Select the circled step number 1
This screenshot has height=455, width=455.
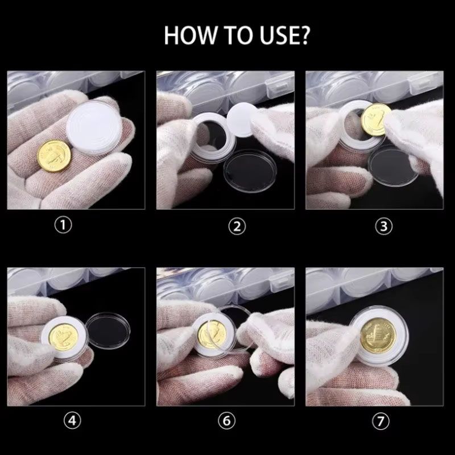point(63,225)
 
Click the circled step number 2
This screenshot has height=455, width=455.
point(237,226)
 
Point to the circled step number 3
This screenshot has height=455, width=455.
point(383,226)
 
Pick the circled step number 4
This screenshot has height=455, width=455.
point(72,420)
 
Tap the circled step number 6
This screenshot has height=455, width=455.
point(226,420)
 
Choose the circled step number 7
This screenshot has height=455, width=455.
point(380,421)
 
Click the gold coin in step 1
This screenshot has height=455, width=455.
point(54,156)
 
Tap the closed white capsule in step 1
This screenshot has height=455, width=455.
point(94,127)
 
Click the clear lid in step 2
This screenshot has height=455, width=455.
point(250,171)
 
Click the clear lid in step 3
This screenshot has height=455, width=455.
point(393,166)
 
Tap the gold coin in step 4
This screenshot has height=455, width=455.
point(64,337)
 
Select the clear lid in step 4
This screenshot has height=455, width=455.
point(108,331)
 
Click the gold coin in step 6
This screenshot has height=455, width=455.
point(212,334)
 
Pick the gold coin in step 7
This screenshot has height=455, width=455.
point(378,335)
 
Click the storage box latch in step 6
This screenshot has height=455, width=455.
point(278,280)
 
